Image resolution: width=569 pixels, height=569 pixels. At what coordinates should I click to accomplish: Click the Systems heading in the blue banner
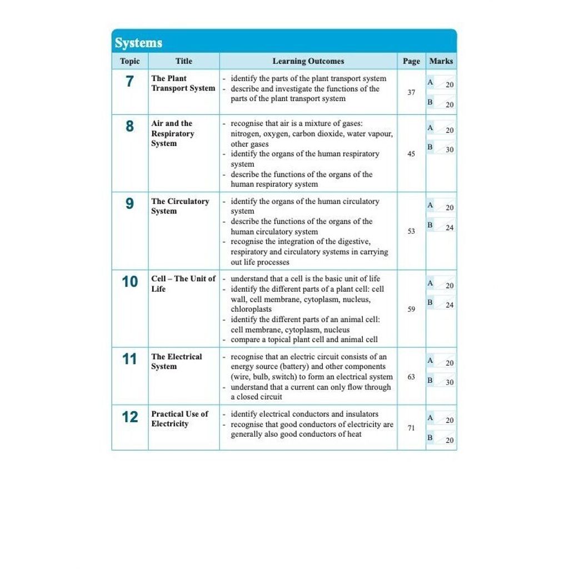tap(138, 43)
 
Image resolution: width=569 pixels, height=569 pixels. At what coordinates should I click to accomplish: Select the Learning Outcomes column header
tap(308, 61)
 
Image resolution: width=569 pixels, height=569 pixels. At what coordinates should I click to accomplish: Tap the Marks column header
tap(441, 61)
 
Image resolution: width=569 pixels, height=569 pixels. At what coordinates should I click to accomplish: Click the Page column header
tap(411, 61)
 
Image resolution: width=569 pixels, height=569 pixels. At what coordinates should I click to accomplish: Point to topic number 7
tap(129, 82)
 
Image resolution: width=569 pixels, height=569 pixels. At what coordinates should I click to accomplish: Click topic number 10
tap(129, 282)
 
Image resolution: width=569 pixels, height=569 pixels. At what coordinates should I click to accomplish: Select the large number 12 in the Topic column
tap(129, 417)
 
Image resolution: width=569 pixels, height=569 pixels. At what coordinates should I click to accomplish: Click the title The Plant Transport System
tap(183, 83)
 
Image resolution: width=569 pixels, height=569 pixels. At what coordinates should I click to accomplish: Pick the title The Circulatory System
tap(180, 206)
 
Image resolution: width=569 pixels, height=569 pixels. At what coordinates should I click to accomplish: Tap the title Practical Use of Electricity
tap(179, 418)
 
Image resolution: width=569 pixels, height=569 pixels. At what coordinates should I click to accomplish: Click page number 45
tap(411, 154)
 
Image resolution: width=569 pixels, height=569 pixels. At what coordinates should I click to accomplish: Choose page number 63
tap(411, 377)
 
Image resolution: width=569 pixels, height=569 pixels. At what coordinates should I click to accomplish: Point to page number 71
tap(411, 428)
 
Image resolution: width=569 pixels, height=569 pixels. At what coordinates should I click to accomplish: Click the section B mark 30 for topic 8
tap(450, 150)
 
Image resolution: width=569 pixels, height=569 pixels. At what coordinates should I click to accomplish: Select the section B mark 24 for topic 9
tap(450, 228)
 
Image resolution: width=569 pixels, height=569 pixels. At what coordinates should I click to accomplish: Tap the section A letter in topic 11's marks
tap(430, 360)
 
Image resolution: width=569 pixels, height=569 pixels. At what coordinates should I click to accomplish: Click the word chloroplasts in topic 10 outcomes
tap(251, 309)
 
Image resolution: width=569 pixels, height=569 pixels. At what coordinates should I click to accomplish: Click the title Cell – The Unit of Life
tap(183, 283)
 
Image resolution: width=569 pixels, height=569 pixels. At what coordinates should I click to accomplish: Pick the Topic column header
tap(129, 61)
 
